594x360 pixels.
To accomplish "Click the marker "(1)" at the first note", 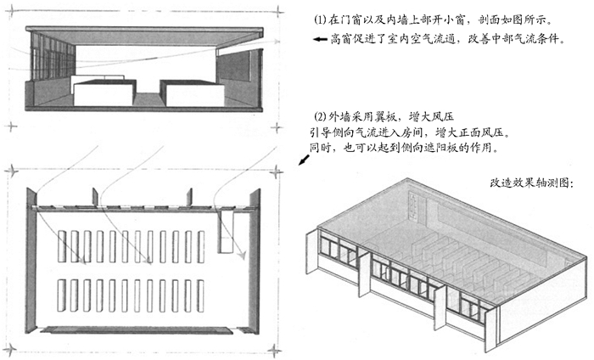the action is (x=320, y=20).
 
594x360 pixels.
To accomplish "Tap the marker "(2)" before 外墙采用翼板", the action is (x=321, y=116).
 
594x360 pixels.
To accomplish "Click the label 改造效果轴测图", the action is (x=530, y=183).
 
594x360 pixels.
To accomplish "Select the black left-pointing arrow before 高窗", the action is (x=320, y=39).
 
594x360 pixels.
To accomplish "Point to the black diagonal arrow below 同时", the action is (x=304, y=160).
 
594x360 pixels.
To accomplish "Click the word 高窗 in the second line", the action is (x=341, y=39).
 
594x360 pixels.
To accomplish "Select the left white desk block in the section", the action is (x=104, y=93).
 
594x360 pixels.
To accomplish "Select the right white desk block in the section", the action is (x=193, y=93).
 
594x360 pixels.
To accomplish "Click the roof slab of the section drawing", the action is (x=144, y=30).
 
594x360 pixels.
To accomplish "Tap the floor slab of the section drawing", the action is (x=143, y=109).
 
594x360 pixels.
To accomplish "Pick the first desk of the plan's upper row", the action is (x=62, y=246).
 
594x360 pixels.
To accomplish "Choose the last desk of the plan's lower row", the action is (x=200, y=295).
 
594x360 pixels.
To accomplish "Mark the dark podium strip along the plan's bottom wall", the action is (x=137, y=330).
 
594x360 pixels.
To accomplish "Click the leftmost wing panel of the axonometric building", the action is (x=311, y=251).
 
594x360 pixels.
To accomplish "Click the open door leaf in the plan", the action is (x=227, y=232).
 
